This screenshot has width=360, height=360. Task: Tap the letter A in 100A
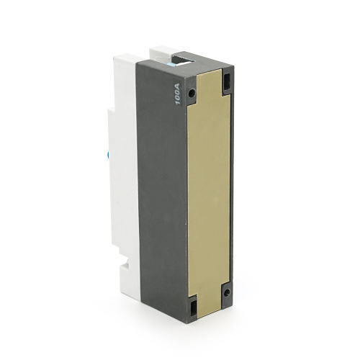[177, 84]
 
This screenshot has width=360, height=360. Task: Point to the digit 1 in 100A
[178, 103]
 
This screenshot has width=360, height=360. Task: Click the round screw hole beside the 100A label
[192, 93]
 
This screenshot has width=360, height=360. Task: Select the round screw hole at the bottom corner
[226, 292]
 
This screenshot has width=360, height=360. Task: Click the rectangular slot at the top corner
[227, 81]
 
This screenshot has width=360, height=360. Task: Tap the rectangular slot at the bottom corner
[192, 308]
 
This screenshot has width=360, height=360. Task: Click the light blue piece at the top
[172, 64]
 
